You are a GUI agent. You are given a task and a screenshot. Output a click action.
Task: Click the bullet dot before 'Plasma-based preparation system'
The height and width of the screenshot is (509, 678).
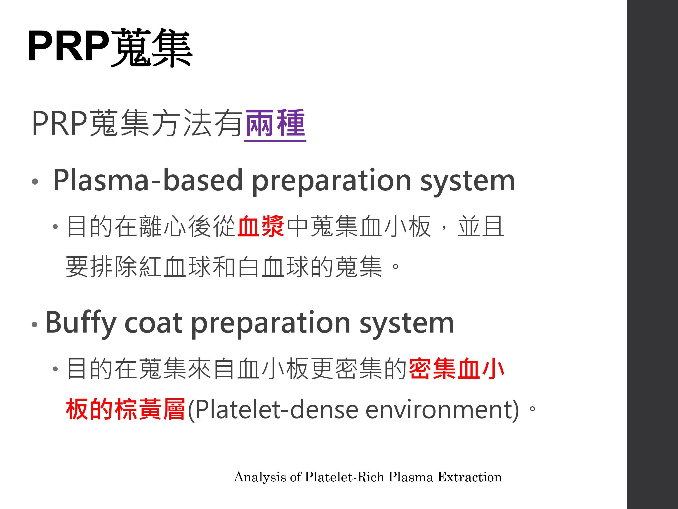pos(35,181)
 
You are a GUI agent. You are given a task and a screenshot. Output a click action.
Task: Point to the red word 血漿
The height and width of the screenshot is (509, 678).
pos(261,226)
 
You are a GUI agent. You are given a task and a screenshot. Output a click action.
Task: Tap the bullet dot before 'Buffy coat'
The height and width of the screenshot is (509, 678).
pos(35,324)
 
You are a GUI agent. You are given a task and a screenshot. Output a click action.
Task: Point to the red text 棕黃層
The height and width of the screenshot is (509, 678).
pos(150,409)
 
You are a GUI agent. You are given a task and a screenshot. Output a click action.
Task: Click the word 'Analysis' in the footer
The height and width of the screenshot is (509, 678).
pos(260,477)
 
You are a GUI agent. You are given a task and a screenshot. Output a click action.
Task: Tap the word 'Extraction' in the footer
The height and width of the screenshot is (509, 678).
pos(470,477)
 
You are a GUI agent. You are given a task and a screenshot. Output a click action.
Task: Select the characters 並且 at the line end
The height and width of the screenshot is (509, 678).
pos(481,226)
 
